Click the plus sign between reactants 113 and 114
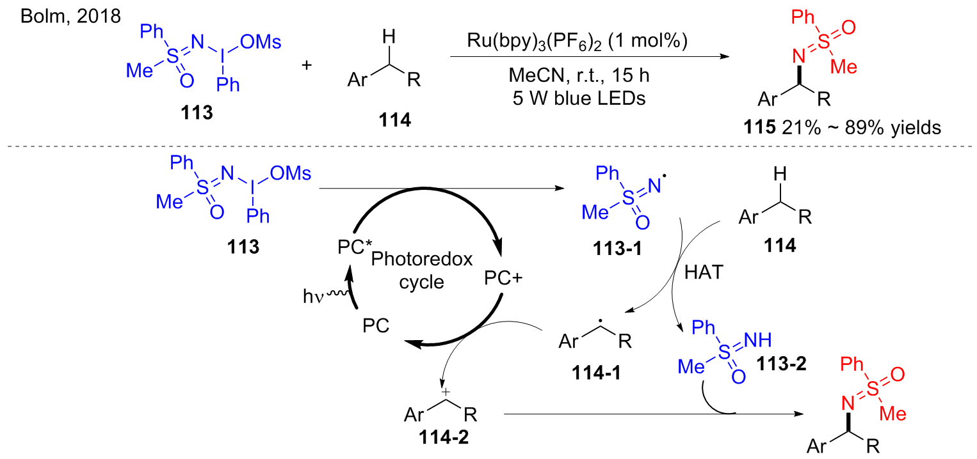click(x=307, y=65)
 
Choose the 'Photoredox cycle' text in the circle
click(x=422, y=271)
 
